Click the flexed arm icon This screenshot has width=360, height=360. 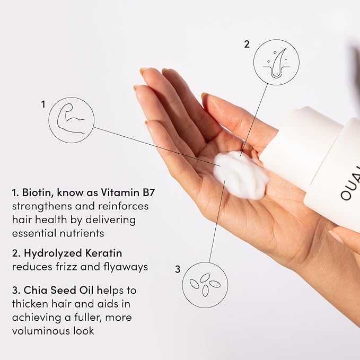pos(71,120)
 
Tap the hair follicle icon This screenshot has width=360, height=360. pos(276,63)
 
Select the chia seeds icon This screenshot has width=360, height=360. pos(205,285)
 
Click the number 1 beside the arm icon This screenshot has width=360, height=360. pos(43,104)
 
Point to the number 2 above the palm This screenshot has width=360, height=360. pos(247,45)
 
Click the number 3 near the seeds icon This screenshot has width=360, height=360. pos(178,269)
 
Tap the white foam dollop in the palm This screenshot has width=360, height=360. pos(241,175)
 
